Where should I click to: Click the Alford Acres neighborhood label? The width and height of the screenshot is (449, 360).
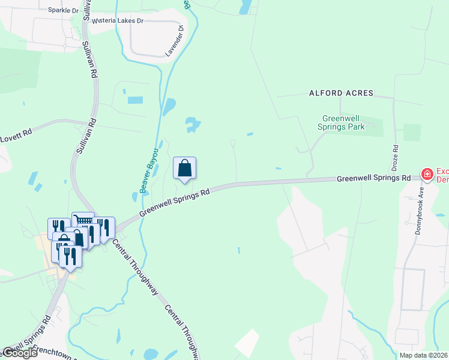click(x=341, y=93)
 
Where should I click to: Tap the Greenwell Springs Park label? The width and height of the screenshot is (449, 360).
click(x=343, y=122)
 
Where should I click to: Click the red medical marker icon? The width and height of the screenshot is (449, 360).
click(x=427, y=174)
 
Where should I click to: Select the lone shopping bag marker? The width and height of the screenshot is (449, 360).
click(x=185, y=169)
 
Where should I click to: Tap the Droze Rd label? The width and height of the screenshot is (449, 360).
click(x=395, y=155)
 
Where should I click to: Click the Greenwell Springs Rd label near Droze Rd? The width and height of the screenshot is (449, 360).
click(x=373, y=178)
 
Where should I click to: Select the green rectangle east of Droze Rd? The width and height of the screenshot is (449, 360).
click(x=412, y=132)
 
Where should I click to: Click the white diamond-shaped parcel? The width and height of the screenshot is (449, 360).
click(x=247, y=343)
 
